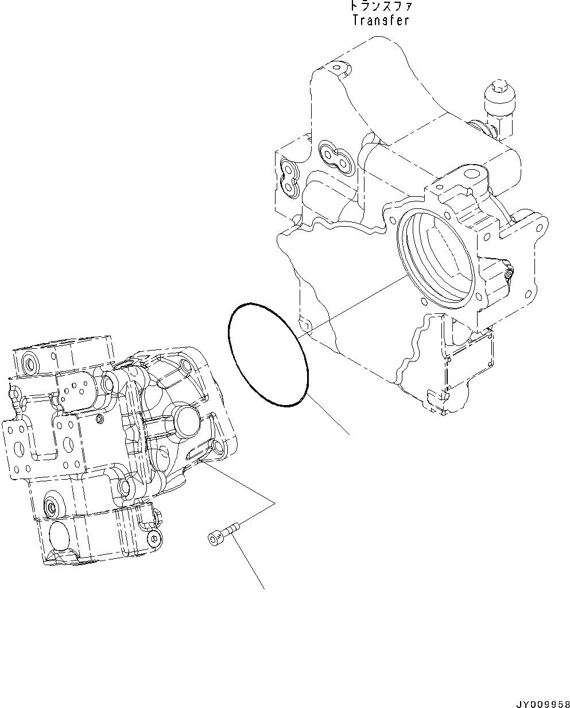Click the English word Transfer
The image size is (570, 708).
[380, 20]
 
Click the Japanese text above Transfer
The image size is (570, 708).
[380, 7]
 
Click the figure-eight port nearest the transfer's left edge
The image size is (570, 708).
[288, 176]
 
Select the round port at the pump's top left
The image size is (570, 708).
[28, 361]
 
